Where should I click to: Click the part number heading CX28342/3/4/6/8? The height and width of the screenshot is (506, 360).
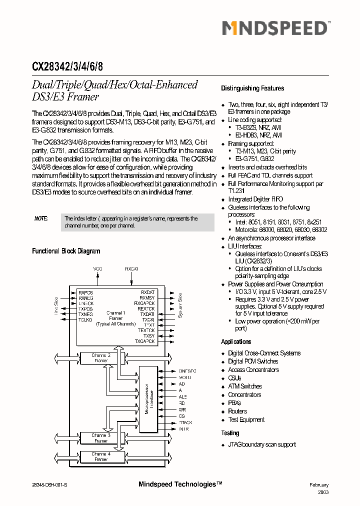click(68, 66)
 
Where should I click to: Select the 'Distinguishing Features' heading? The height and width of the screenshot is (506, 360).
click(252, 88)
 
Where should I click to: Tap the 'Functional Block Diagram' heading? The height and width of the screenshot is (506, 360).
click(66, 251)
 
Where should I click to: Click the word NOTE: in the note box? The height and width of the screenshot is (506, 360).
click(41, 218)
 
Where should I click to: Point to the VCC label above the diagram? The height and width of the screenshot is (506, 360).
click(97, 269)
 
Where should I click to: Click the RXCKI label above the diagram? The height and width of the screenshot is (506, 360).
click(131, 269)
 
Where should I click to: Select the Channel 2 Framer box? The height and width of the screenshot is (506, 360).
click(100, 357)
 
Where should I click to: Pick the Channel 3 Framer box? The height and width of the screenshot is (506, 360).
click(100, 438)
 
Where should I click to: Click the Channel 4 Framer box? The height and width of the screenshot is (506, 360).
click(100, 456)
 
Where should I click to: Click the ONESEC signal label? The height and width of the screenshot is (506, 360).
click(187, 371)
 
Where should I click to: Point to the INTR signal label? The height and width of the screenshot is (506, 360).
click(183, 429)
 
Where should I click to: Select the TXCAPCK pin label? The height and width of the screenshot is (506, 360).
click(144, 341)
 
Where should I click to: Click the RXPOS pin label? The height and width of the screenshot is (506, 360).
click(86, 292)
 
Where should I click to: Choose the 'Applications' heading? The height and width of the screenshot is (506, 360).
click(236, 342)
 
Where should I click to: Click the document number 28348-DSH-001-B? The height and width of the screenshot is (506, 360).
click(52, 485)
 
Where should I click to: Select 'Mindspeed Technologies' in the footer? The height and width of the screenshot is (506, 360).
click(179, 484)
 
